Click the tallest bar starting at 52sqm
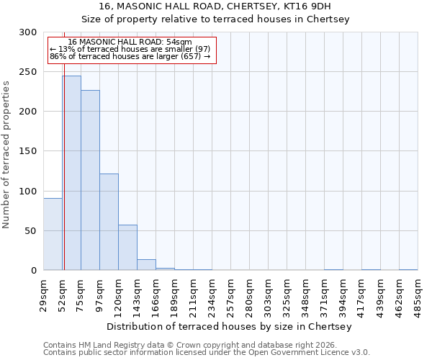click(x=71, y=173)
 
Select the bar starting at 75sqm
click(x=90, y=180)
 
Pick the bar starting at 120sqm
click(x=127, y=248)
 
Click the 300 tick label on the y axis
click(x=28, y=32)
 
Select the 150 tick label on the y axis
click(x=28, y=151)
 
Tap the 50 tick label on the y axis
click(x=31, y=230)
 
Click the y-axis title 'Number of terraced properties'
click(x=6, y=154)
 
